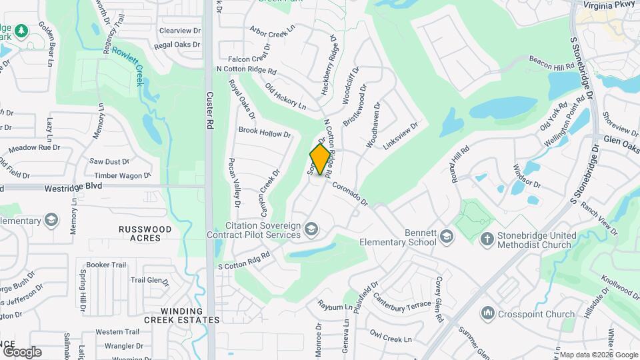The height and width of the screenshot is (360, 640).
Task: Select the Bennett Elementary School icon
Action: click(x=446, y=237)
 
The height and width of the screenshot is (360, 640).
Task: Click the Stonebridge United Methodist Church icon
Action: click(x=487, y=238)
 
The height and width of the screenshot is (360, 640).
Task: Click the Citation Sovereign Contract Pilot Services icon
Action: click(x=310, y=230)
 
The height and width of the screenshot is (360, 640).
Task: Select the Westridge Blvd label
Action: click(x=73, y=188)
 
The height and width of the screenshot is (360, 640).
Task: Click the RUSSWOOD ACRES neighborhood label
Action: click(x=145, y=233)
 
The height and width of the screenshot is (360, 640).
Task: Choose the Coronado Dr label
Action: click(x=350, y=193)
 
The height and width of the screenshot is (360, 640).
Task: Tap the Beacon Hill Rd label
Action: click(x=551, y=63)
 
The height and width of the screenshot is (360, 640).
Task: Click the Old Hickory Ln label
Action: click(x=285, y=97)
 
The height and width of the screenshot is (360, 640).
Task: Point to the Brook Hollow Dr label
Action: click(x=265, y=133)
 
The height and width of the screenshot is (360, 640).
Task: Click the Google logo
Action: click(x=21, y=351)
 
